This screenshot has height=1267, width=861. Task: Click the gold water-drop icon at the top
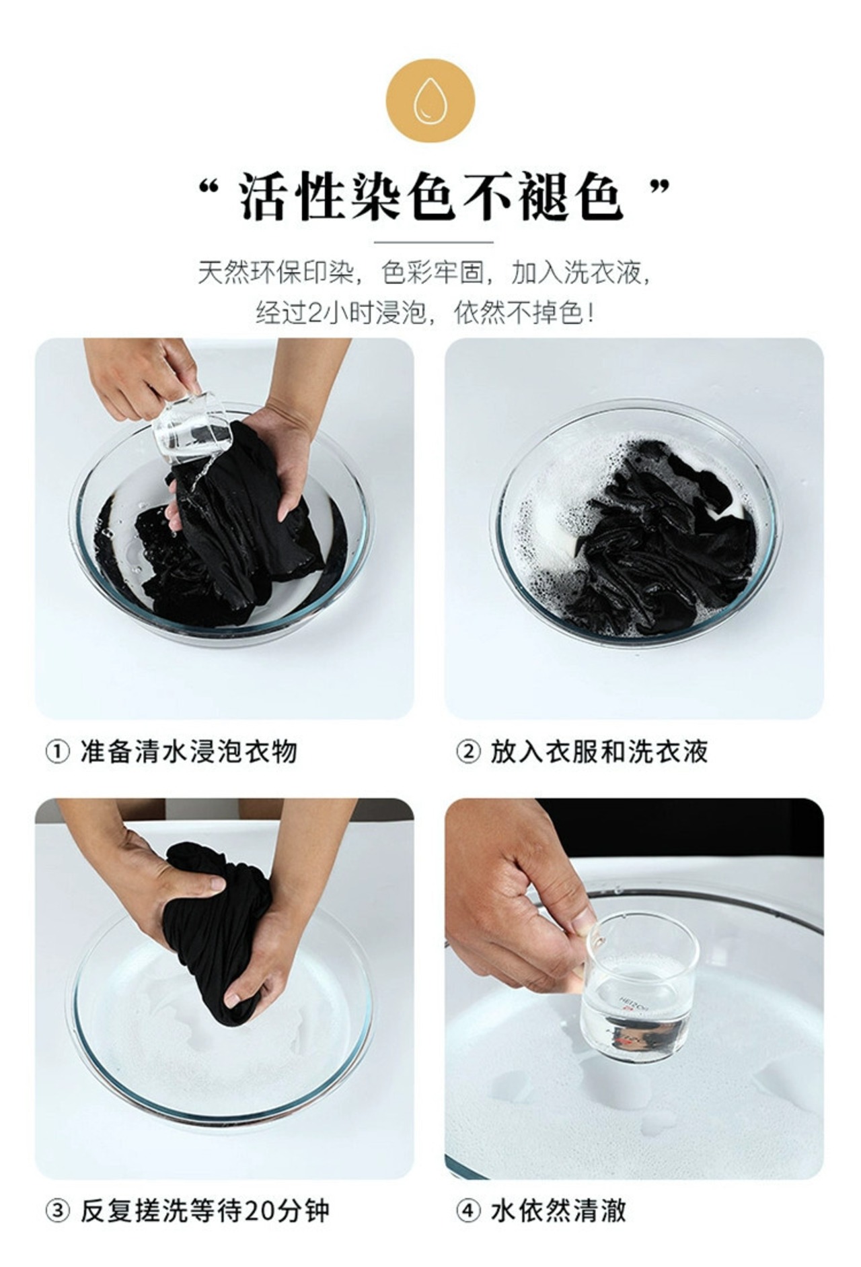tap(430, 101)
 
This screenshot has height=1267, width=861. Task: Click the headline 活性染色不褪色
tap(430, 197)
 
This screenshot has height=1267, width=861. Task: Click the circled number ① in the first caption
tap(57, 752)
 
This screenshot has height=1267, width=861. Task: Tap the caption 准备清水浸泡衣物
tap(188, 752)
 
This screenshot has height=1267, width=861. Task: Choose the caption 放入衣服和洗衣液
tap(599, 752)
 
